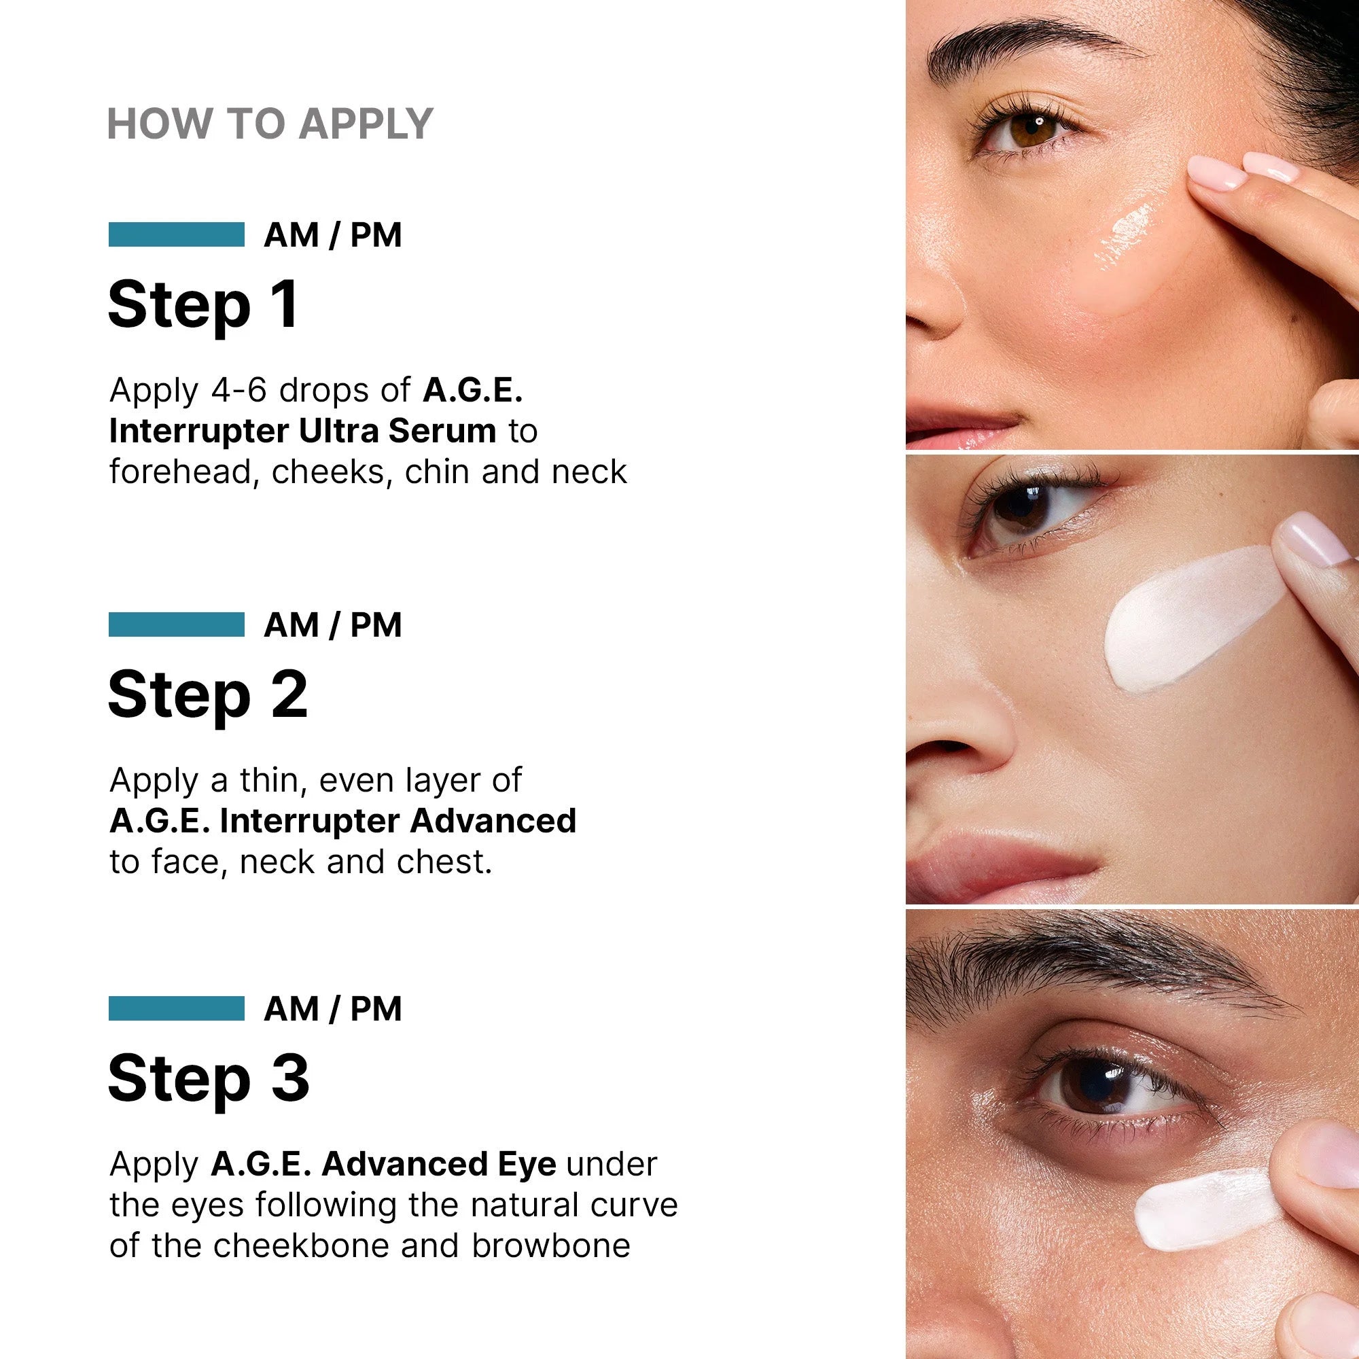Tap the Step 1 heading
[204, 304]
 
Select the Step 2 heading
[208, 694]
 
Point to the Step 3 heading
[209, 1078]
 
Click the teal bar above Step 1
[177, 234]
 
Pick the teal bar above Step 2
[177, 624]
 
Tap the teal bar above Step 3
[177, 1008]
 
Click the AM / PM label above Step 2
[333, 624]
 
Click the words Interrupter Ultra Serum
[302, 431]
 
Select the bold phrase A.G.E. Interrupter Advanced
[343, 821]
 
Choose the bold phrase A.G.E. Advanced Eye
[383, 1164]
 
